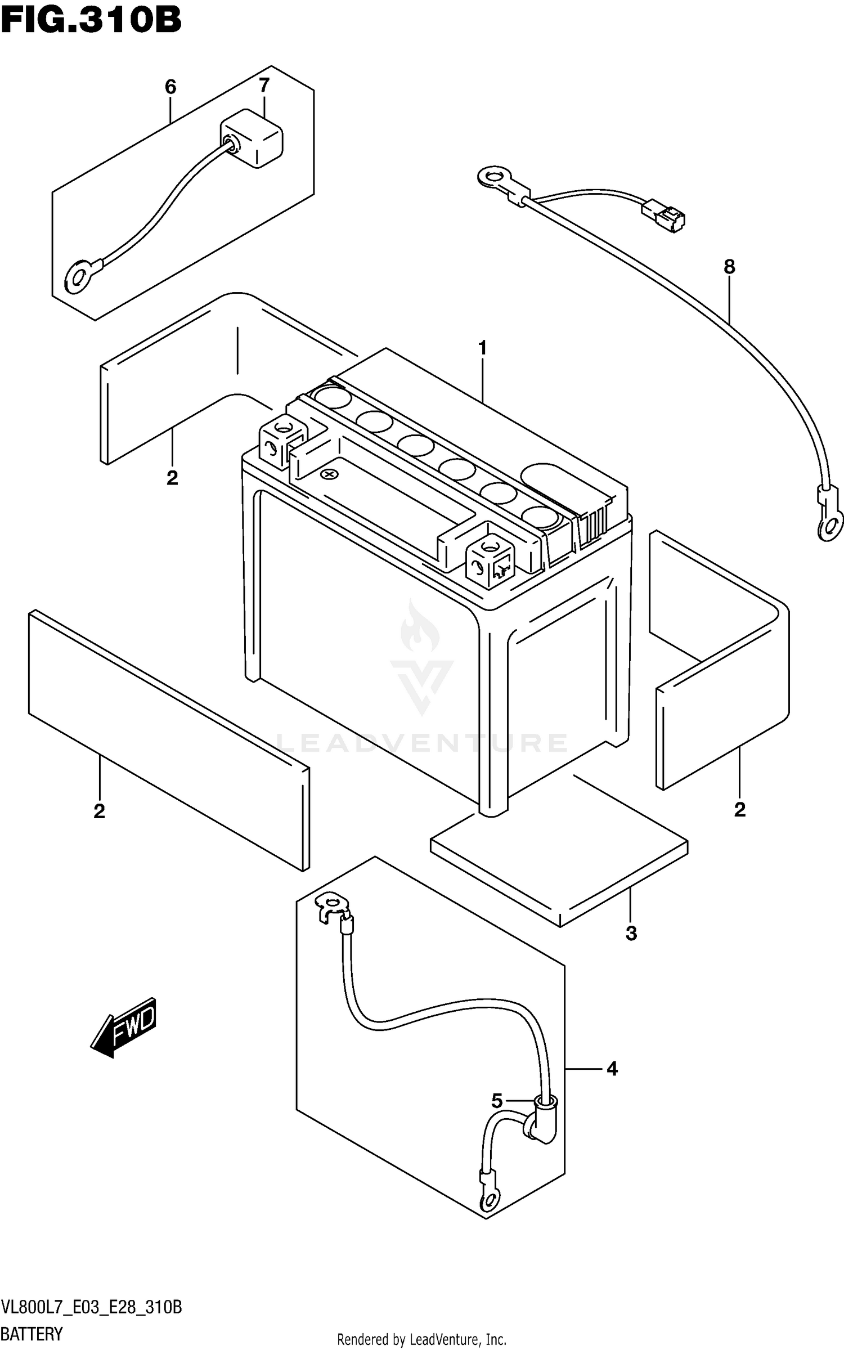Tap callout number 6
tap(170, 87)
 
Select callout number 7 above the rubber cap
tap(264, 86)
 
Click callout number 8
tap(729, 267)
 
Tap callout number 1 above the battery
tap(482, 348)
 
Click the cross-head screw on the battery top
tap(329, 474)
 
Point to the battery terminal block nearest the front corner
tap(488, 555)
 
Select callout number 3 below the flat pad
tap(631, 933)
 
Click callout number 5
tap(496, 1101)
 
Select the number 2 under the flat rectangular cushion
tap(99, 811)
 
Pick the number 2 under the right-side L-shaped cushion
tap(739, 809)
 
